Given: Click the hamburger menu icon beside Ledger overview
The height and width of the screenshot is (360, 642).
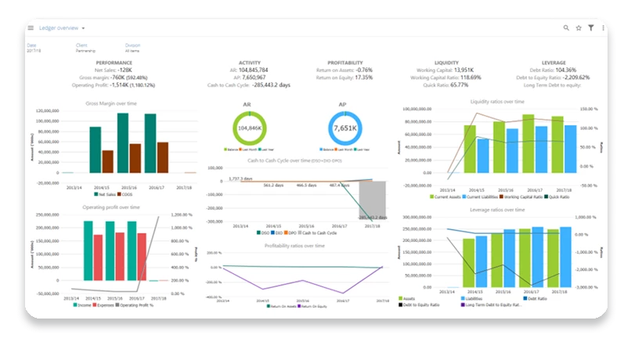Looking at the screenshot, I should [x=31, y=28].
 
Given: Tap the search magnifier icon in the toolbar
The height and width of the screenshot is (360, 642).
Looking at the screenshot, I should [x=566, y=28].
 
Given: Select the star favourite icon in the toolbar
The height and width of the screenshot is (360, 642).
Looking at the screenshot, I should [x=579, y=28].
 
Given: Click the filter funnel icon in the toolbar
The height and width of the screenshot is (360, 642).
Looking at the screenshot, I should [x=591, y=28].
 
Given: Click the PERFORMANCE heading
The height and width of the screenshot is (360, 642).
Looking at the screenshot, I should [x=114, y=63].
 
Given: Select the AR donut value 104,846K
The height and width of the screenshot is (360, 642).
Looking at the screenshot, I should [x=249, y=128].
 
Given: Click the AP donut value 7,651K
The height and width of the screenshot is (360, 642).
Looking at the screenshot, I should [x=345, y=128].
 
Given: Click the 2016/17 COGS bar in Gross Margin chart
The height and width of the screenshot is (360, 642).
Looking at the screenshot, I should [x=162, y=157].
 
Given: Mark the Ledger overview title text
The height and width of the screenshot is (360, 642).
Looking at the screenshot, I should [x=59, y=28].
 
